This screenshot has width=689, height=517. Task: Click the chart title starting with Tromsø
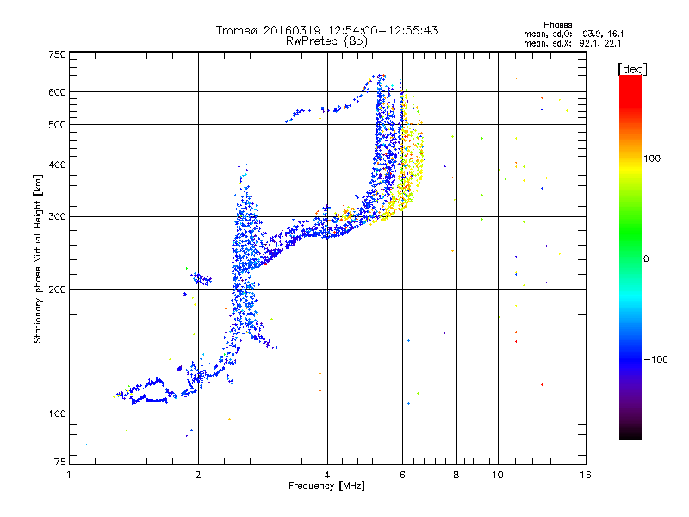(x=327, y=30)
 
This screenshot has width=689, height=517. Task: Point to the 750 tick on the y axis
(x=58, y=54)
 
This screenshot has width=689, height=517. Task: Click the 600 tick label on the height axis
(x=58, y=92)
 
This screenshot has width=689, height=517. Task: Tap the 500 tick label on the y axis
(x=58, y=125)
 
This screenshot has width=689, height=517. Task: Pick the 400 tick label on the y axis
(x=58, y=165)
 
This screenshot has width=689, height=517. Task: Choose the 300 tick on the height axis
(x=58, y=216)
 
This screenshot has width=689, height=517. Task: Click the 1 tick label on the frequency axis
(x=70, y=475)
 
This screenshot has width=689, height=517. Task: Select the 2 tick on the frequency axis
(x=198, y=475)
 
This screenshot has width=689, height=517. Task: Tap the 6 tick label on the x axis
(x=402, y=475)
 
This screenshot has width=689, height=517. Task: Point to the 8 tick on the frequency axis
(x=456, y=475)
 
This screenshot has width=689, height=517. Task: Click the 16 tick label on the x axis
(x=585, y=475)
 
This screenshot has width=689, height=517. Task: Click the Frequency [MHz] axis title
(x=327, y=486)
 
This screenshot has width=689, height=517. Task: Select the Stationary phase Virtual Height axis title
(x=38, y=258)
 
